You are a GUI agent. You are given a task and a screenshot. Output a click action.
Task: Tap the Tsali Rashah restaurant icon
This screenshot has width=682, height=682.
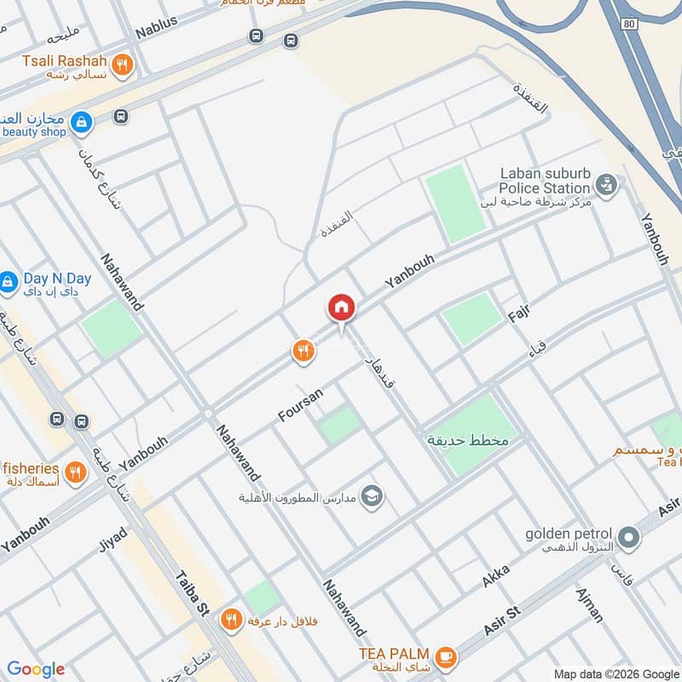123,66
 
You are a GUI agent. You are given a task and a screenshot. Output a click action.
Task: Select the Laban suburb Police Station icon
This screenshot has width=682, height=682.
606,183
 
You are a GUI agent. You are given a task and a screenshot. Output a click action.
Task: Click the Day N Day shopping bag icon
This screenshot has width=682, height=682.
8,281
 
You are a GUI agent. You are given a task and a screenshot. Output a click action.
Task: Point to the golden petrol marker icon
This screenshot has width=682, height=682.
629,537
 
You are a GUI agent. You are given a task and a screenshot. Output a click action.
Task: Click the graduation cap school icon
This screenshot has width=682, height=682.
372,496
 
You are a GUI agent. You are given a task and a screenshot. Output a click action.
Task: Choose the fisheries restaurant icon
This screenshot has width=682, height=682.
76,471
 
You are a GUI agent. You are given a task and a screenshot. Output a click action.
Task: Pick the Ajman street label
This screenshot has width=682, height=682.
589,604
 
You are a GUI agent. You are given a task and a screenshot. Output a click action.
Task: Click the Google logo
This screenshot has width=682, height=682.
36,669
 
